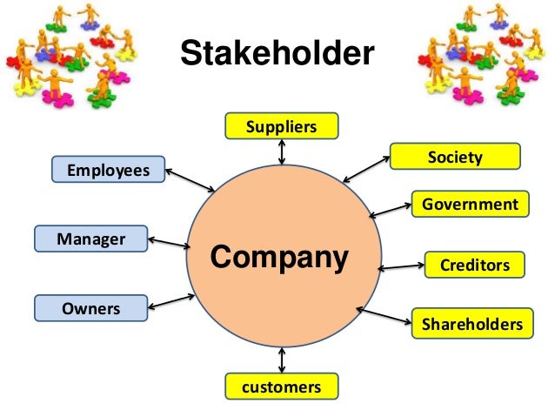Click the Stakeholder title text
tap(277, 55)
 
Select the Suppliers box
tap(281, 127)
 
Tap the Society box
tap(455, 157)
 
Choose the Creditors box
tap(475, 265)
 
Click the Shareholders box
tap(471, 324)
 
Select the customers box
tap(281, 387)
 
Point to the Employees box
tap(108, 170)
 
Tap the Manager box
tap(91, 238)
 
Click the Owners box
tap(91, 308)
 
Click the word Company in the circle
tap(279, 258)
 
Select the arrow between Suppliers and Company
tap(281, 151)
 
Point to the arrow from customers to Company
tap(281, 360)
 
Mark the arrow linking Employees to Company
tap(190, 179)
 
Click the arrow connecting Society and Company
tap(365, 169)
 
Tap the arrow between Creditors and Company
tap(401, 266)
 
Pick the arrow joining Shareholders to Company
tap(384, 316)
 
